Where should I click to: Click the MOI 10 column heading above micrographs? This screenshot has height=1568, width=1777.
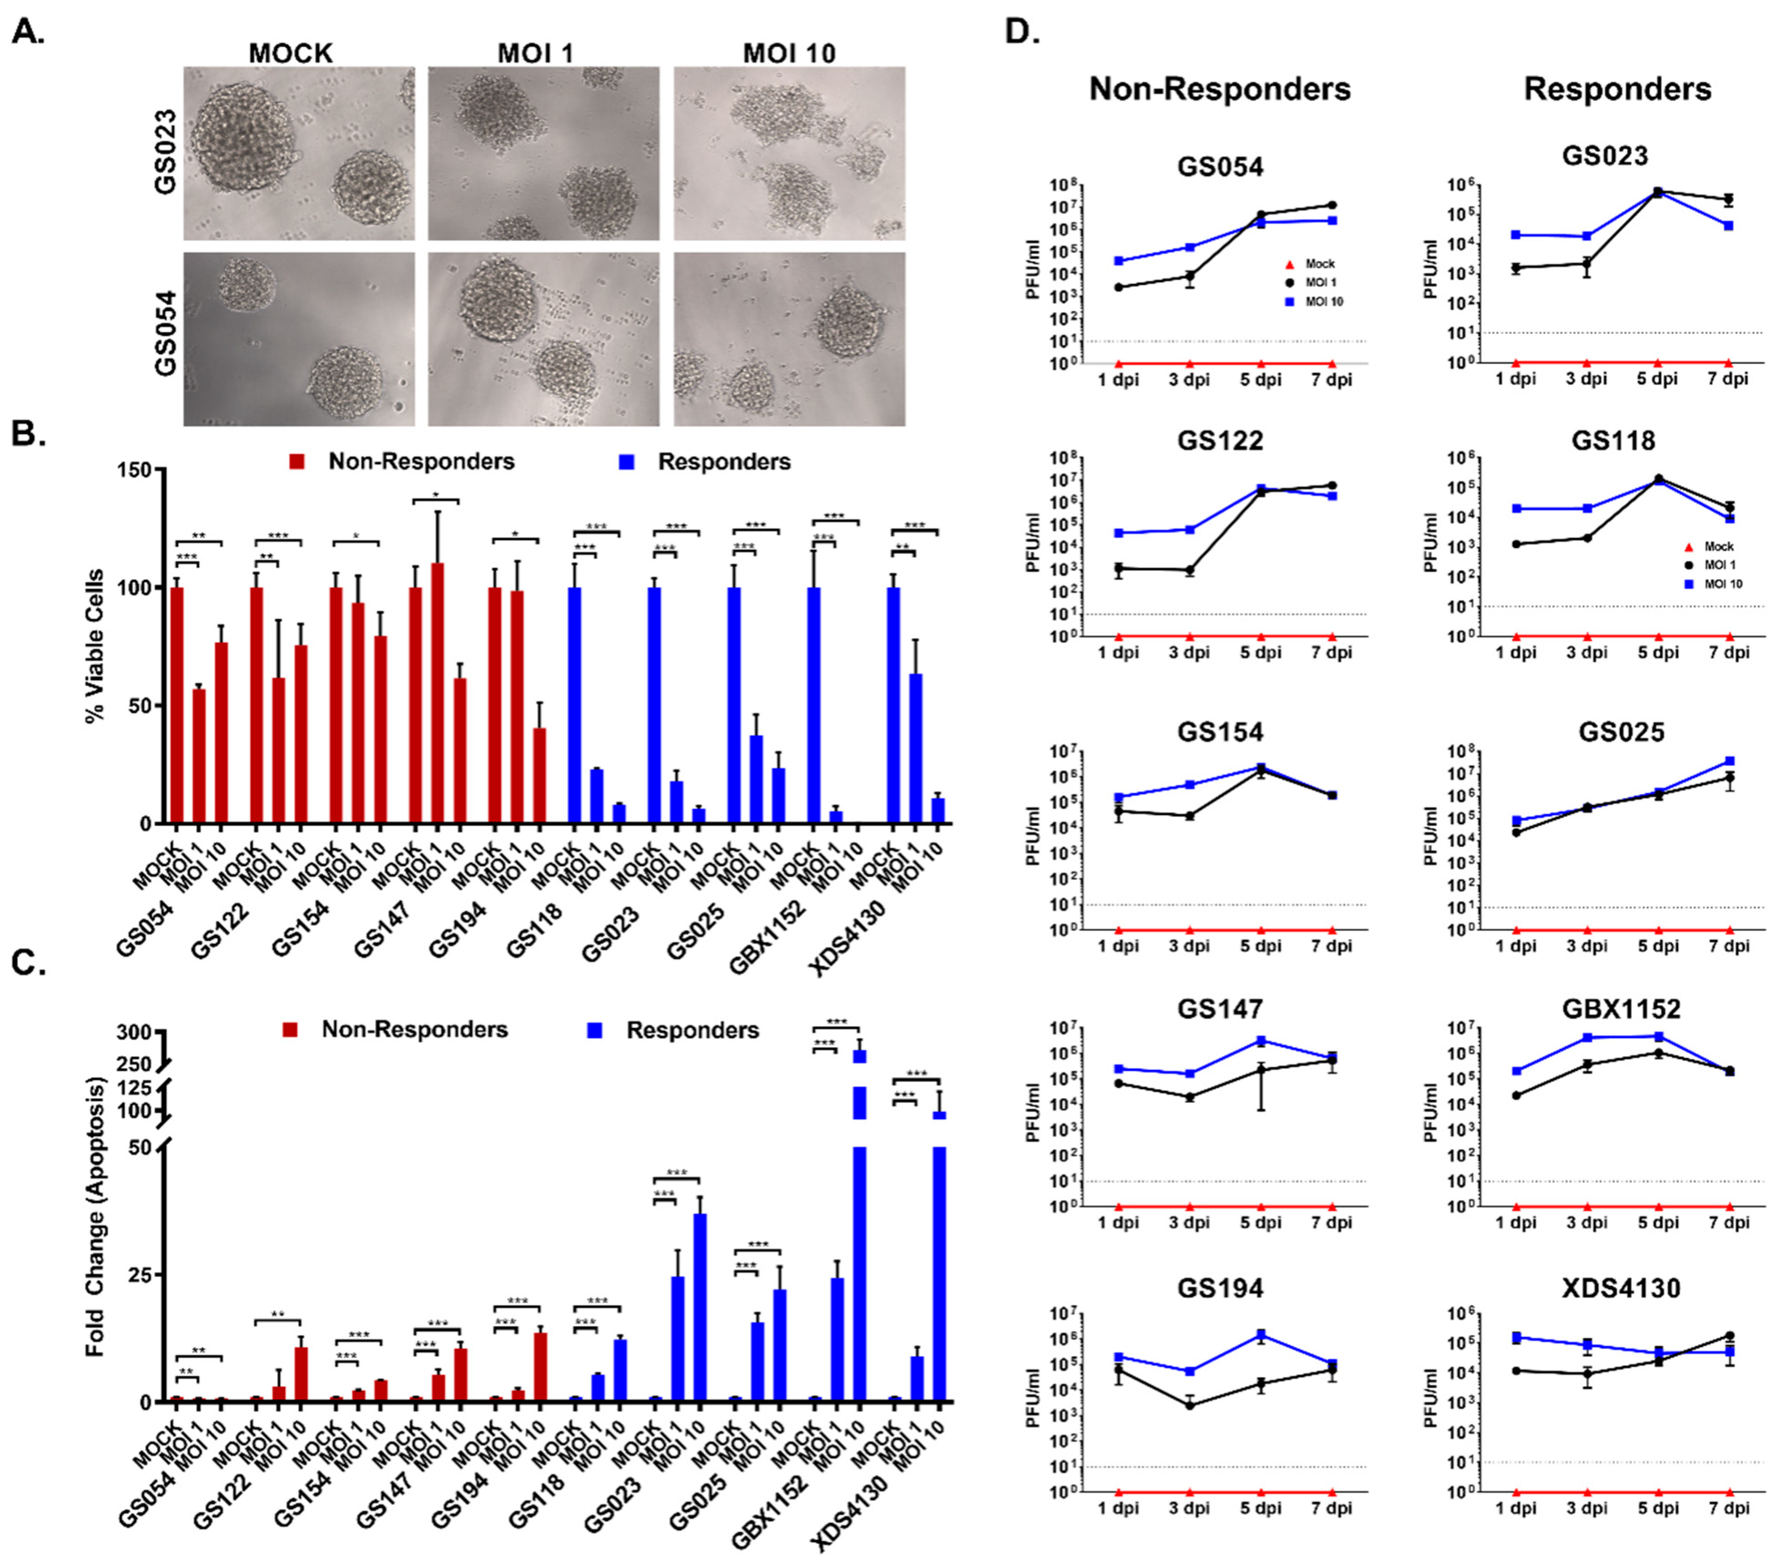coord(789,53)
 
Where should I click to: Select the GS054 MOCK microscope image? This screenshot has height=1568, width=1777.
coord(298,339)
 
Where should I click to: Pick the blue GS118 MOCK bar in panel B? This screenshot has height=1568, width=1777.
coord(574,705)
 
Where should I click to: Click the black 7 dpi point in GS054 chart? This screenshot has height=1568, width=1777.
coord(1332,205)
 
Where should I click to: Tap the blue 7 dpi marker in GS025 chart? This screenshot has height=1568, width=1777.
coord(1729,761)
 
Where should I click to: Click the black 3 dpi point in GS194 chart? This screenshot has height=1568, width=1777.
coord(1189,1405)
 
